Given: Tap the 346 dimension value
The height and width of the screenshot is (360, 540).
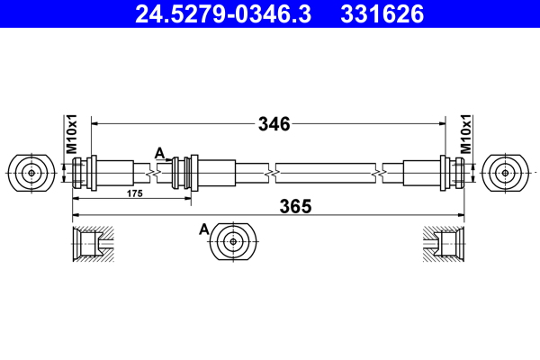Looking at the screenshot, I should click(x=274, y=124).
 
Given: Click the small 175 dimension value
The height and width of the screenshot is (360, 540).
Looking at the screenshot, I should click(x=135, y=193).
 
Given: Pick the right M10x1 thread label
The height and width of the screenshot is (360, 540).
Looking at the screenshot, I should click(x=466, y=134).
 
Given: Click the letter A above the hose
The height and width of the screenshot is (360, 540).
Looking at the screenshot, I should click(x=159, y=152).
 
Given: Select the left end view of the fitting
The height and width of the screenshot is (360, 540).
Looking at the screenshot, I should click(x=32, y=172).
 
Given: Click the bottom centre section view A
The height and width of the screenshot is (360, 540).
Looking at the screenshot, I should click(x=234, y=241).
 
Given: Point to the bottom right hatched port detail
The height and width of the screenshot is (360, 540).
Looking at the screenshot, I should click(x=445, y=242).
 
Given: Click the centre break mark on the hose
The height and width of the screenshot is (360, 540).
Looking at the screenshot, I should click(x=271, y=171).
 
